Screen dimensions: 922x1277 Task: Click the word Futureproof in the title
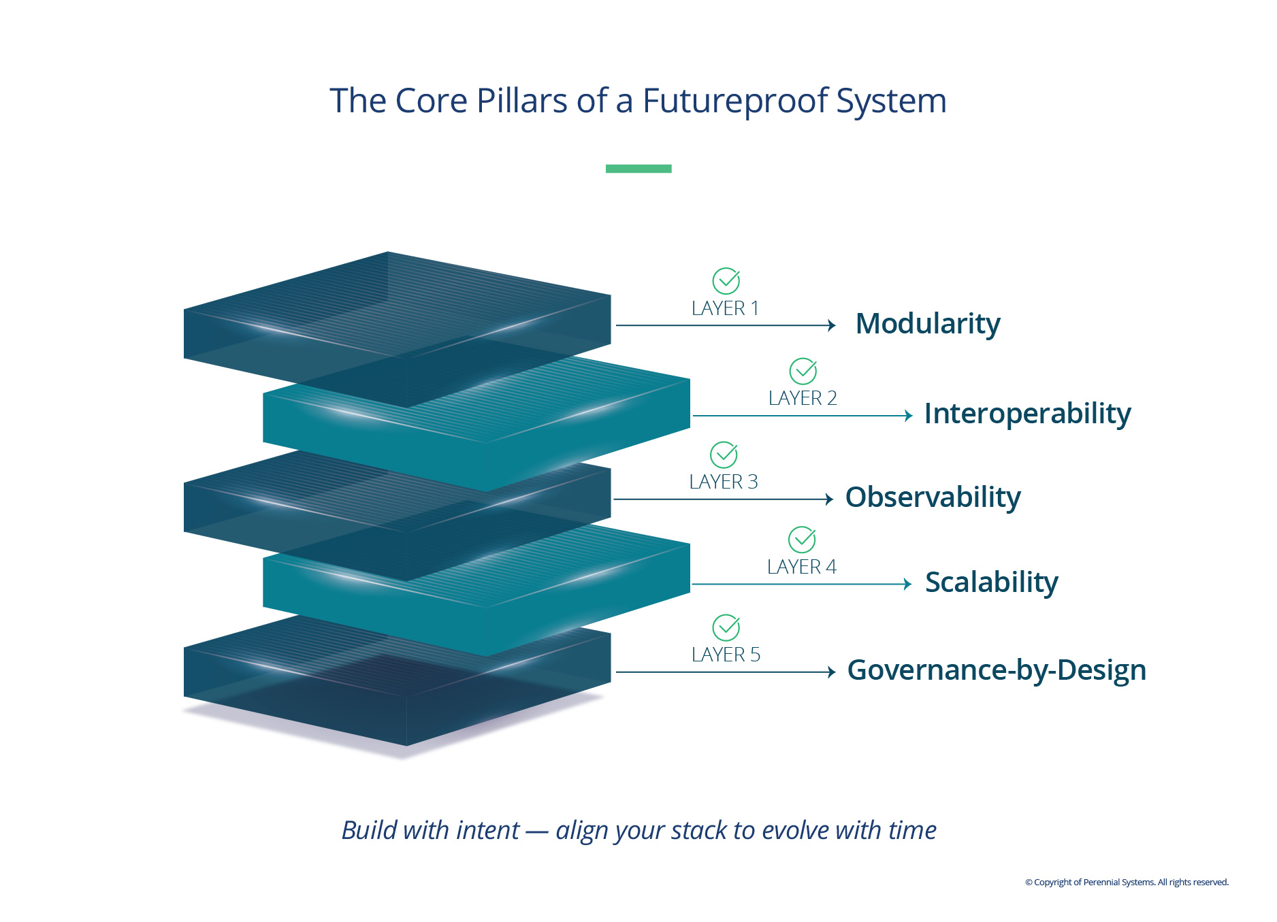tap(734, 101)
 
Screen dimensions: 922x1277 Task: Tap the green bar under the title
tap(638, 169)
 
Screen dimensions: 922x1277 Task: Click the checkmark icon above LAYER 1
tap(726, 280)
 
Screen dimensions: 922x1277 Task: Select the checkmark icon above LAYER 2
tap(803, 371)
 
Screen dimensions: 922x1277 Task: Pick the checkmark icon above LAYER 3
tap(724, 455)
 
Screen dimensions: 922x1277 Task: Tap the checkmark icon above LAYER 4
tap(802, 540)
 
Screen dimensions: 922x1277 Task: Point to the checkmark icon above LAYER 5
tap(726, 627)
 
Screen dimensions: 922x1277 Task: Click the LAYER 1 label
tap(725, 309)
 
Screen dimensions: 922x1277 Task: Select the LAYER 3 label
tap(723, 482)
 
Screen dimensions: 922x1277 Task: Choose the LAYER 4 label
tap(801, 567)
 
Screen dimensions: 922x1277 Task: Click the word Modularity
tap(928, 324)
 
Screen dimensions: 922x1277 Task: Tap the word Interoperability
tap(1027, 414)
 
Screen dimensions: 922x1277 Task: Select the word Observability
tap(933, 497)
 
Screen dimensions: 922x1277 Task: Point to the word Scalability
tap(991, 582)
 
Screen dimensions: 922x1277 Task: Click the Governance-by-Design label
tap(997, 670)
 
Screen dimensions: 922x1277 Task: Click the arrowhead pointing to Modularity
tap(831, 325)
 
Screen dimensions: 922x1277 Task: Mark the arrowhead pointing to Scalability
tap(907, 584)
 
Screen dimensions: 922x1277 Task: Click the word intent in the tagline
tap(487, 831)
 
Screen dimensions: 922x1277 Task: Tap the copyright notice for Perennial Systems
tap(1127, 883)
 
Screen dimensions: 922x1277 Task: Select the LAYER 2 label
tap(803, 399)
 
